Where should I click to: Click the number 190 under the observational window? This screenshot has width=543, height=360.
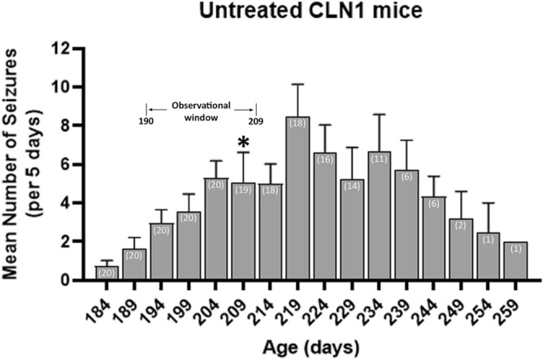coord(146,121)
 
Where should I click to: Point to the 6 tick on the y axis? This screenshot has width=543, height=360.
coord(77,164)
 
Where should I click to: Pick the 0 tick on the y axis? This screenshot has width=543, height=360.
coord(77,280)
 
